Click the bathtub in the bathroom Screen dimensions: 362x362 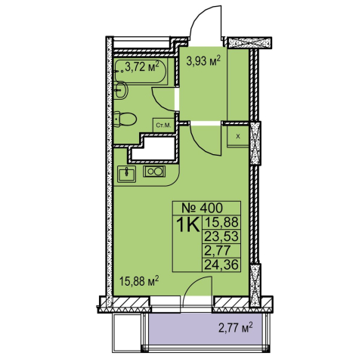[x=141, y=71]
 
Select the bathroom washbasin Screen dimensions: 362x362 [x=122, y=90]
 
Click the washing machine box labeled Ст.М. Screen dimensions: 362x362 [x=163, y=125]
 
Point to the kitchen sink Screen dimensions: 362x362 [x=127, y=174]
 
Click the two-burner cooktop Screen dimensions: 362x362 [x=154, y=172]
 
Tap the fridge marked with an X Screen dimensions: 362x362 [x=238, y=136]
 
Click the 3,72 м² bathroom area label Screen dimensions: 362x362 [x=142, y=67]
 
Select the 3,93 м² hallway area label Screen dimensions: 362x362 [x=203, y=61]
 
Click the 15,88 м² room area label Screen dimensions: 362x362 [x=139, y=281]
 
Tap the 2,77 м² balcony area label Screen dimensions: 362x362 [x=236, y=328]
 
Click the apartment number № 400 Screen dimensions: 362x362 [x=203, y=208]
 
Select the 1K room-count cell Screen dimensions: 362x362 [x=188, y=224]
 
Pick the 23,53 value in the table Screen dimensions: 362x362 [x=221, y=237]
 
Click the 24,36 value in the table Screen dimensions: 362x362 [x=221, y=265]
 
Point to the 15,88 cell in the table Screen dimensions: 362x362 [x=221, y=222]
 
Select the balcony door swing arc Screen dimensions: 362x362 [x=191, y=282]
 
